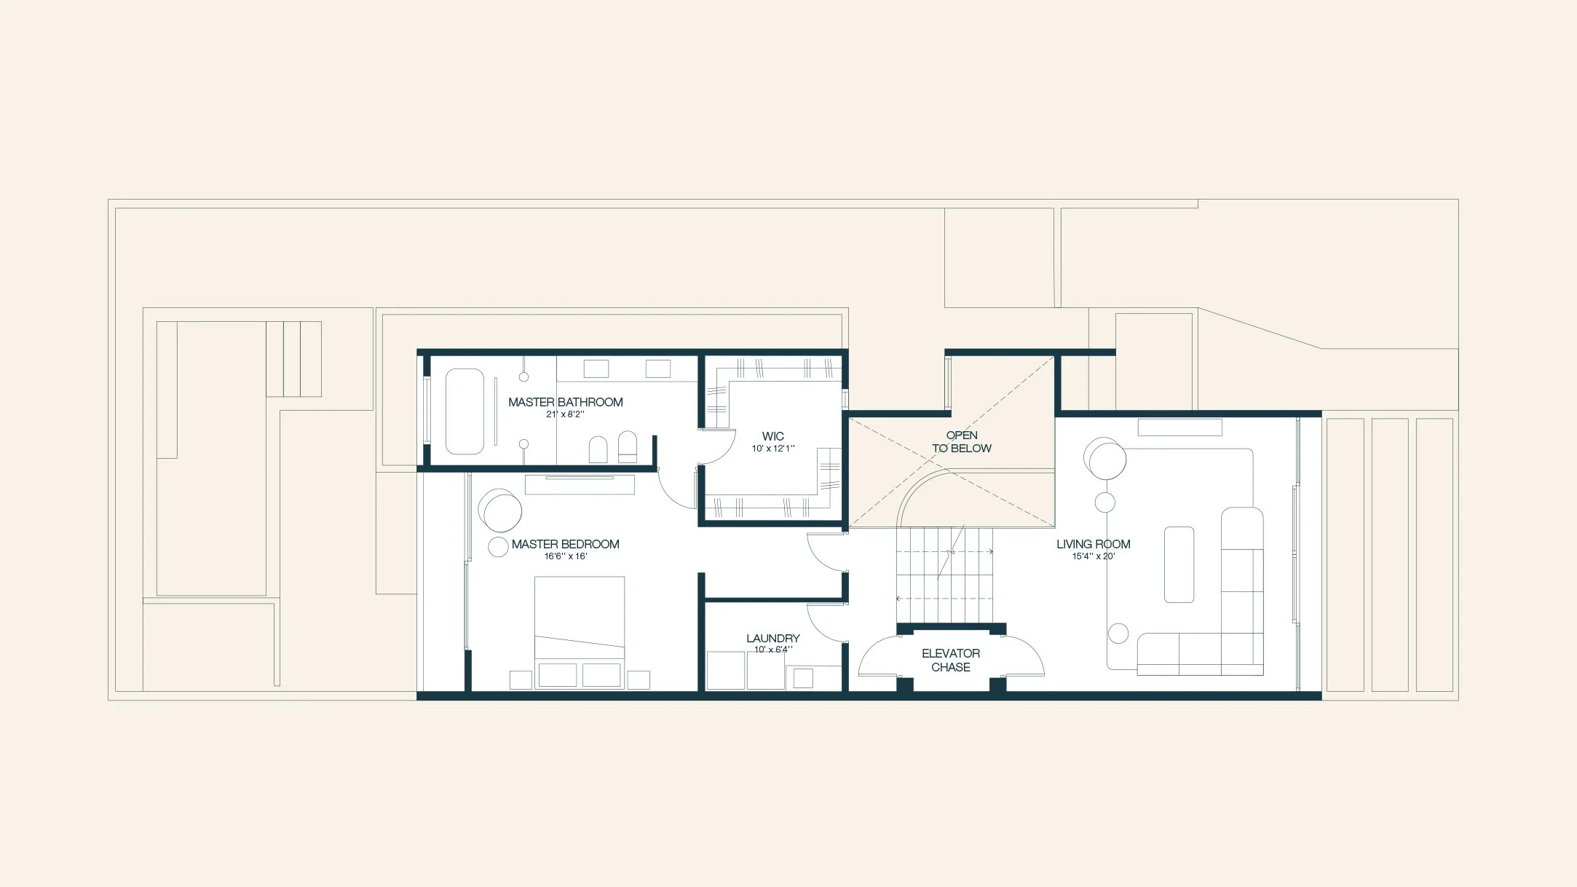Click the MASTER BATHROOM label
pos(565,402)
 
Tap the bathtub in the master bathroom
pos(465,411)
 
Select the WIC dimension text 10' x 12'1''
pos(773,449)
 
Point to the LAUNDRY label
pos(772,638)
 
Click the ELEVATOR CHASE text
pos(951,660)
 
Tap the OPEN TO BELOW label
pos(961,441)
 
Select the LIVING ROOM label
pos(1093,544)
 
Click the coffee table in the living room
pos(1179,564)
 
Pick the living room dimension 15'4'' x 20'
pos(1093,556)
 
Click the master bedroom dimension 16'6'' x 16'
pos(565,556)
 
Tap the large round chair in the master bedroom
pos(501,510)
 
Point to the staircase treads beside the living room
pos(944,575)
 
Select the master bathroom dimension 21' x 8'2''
pos(565,414)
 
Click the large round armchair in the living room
pos(1105,459)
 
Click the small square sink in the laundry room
pos(803,678)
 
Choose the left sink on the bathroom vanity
pos(596,368)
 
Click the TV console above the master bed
pos(580,484)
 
